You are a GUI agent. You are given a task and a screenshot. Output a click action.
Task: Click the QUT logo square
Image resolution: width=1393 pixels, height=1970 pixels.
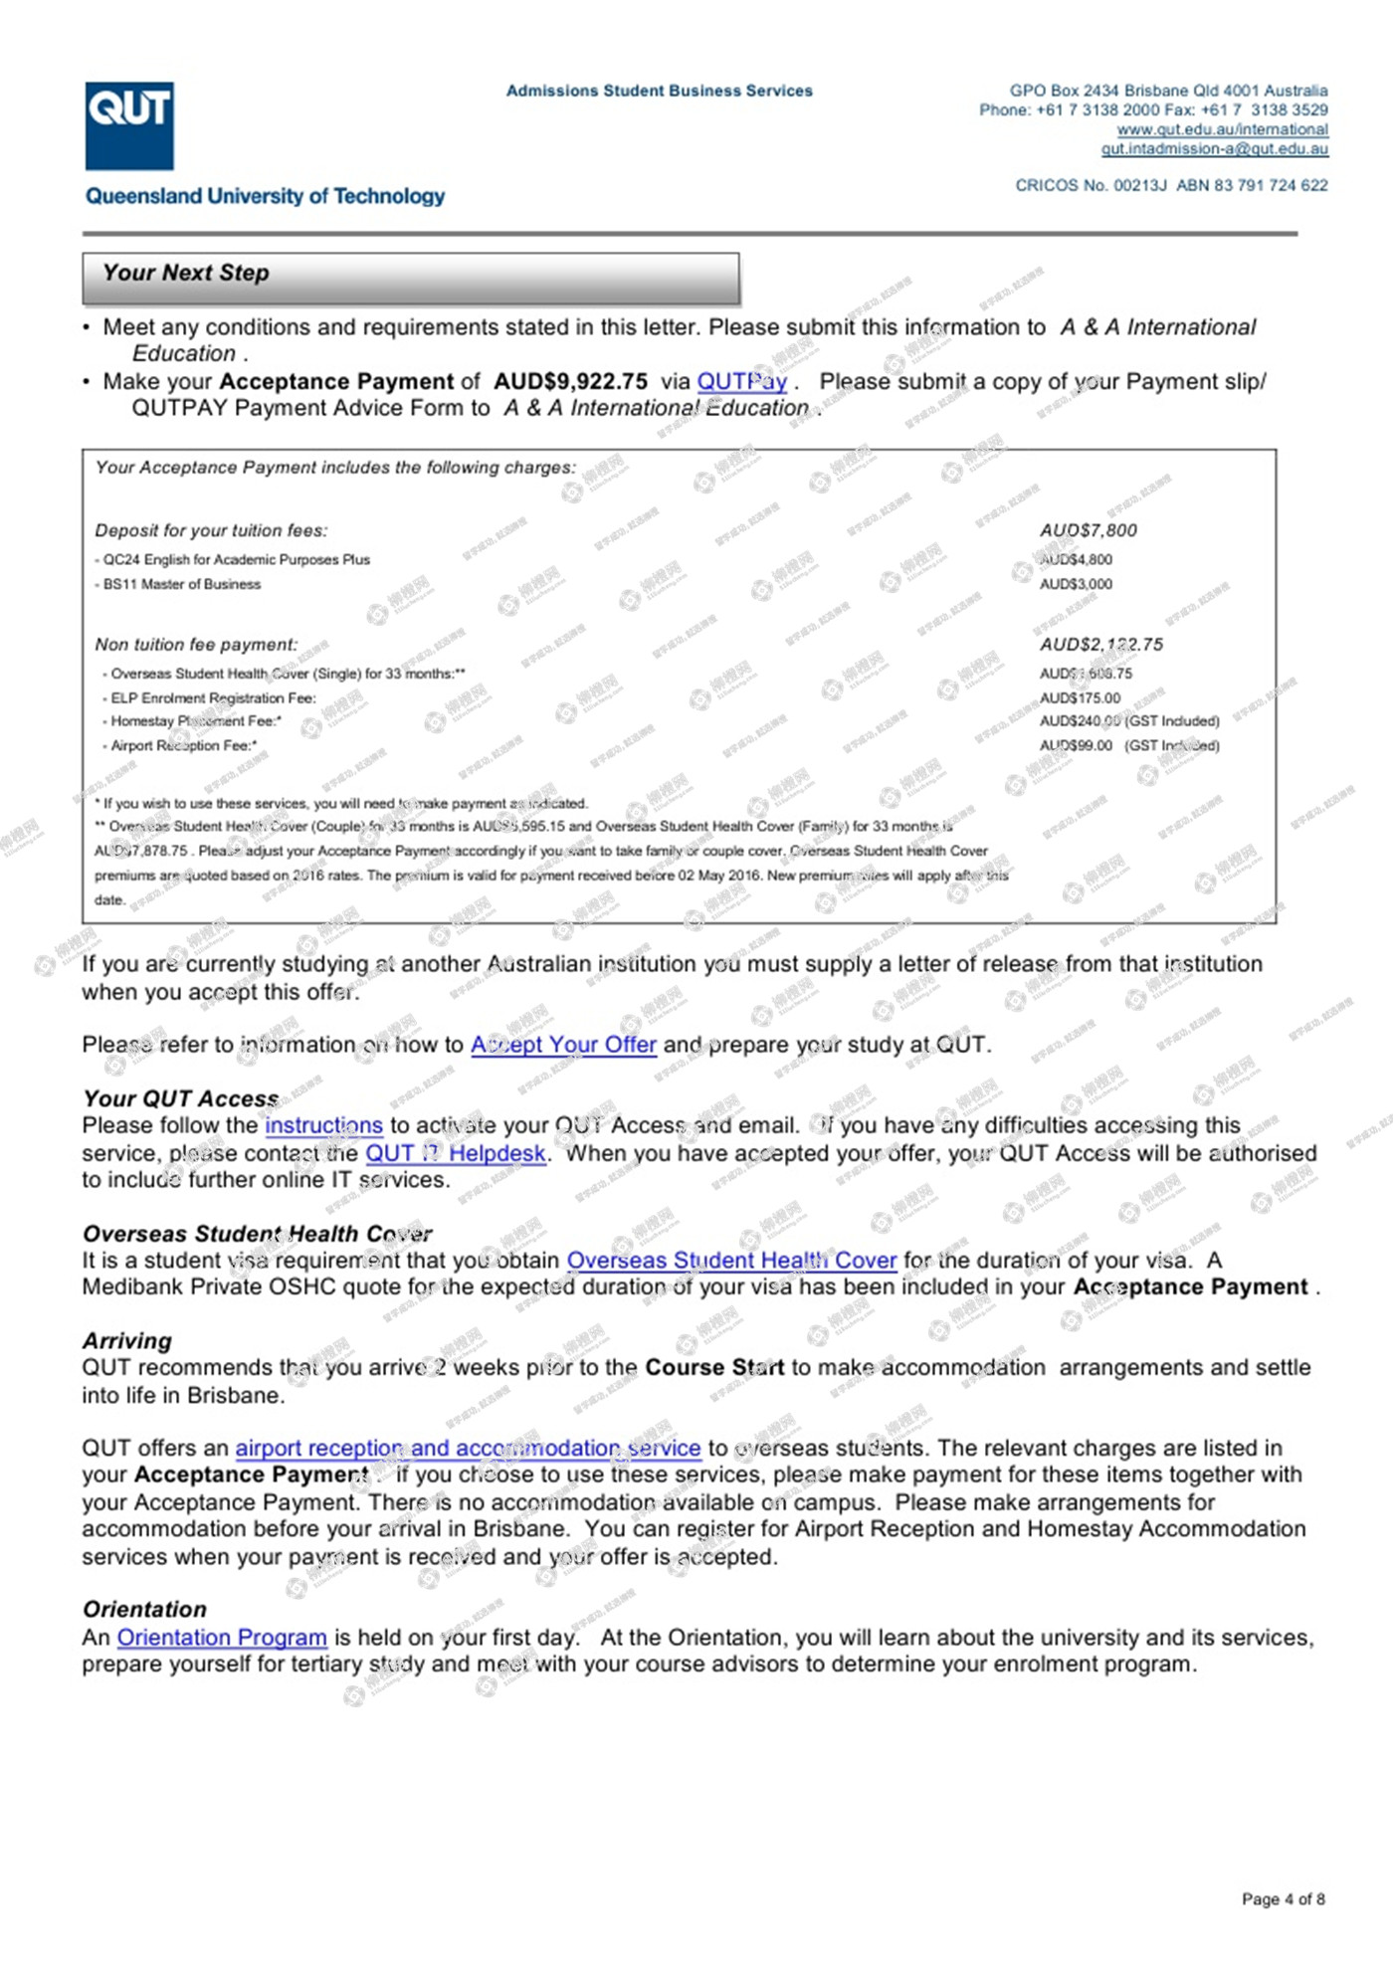tap(129, 125)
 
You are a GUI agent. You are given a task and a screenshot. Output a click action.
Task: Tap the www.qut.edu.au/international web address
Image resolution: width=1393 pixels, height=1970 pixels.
tap(1222, 129)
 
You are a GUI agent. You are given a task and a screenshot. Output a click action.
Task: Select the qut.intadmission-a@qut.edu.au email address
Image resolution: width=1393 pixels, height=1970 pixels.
tap(1214, 149)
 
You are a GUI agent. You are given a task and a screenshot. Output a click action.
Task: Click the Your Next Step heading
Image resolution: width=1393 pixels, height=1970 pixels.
tap(186, 274)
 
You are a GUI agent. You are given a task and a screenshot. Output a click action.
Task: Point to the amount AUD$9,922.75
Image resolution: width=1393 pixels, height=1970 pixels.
tap(570, 382)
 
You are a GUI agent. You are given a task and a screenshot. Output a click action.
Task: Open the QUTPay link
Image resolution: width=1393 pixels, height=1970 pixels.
tap(741, 382)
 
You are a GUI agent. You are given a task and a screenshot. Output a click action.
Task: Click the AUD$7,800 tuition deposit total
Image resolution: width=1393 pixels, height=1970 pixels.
tap(1088, 531)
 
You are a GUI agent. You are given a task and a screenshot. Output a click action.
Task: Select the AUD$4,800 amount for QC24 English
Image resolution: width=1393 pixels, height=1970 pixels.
tap(1076, 560)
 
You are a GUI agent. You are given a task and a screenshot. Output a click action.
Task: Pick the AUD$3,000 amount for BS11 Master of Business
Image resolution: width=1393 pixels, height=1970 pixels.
tap(1076, 585)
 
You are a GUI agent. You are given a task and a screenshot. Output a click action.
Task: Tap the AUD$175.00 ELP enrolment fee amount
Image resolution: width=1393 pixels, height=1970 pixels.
tap(1080, 698)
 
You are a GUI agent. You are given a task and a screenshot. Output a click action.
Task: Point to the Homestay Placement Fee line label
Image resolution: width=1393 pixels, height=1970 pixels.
tap(195, 721)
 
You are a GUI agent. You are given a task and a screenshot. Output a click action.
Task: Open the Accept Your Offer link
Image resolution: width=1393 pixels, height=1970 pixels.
tap(563, 1046)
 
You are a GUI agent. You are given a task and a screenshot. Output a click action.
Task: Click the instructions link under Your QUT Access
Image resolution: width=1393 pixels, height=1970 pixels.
tap(323, 1126)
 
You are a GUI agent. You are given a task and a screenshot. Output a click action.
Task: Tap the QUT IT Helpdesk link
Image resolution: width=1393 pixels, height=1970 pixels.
tap(456, 1154)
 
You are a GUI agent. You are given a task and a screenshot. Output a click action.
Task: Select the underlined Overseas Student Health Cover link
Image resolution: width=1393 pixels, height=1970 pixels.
tap(731, 1261)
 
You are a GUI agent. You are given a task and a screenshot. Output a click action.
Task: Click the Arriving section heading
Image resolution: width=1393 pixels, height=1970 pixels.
tap(127, 1341)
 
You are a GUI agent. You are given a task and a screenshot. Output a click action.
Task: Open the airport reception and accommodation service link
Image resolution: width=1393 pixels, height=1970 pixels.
tap(468, 1449)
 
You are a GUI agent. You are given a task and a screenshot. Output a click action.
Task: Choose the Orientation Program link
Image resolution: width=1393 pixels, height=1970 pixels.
tap(222, 1638)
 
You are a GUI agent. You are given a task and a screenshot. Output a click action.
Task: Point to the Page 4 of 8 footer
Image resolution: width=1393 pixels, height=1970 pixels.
tap(1283, 1899)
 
